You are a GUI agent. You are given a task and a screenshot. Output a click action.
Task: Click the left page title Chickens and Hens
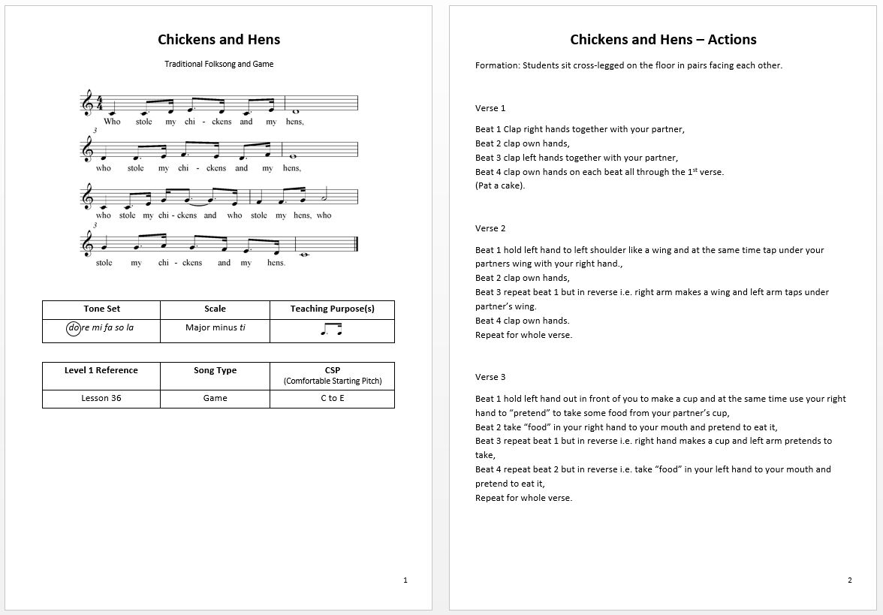point(218,40)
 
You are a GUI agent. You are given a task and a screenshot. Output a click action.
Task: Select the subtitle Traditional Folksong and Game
point(218,65)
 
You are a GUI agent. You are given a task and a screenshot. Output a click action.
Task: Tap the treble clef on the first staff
point(89,103)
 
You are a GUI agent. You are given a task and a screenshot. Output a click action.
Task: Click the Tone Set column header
point(101,309)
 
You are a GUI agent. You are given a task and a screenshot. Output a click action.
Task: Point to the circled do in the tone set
point(74,328)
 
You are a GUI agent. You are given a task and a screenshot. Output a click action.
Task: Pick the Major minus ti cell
point(215,328)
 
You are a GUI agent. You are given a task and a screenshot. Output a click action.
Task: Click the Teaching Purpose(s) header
point(332,309)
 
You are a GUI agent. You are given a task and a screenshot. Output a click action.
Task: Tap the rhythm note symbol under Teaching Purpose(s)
point(332,329)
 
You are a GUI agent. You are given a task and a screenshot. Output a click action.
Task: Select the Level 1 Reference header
point(101,370)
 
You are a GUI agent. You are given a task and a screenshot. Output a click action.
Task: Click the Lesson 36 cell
point(101,398)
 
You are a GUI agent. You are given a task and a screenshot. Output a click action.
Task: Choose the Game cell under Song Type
point(215,398)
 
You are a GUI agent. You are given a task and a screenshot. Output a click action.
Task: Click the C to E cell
point(332,398)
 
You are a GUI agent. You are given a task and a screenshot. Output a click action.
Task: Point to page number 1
point(405,580)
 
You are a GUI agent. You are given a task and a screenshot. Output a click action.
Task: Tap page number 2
point(850,580)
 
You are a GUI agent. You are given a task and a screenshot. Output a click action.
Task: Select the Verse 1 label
point(490,108)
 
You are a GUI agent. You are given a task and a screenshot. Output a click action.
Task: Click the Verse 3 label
point(490,377)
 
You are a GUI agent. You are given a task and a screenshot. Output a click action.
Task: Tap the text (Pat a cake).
point(500,185)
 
